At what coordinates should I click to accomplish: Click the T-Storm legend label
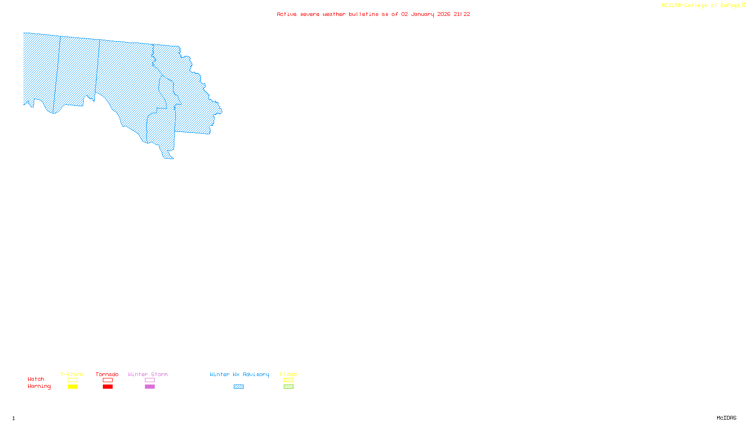pos(72,374)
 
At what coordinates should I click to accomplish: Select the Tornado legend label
pos(107,374)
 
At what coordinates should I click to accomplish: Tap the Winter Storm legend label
pos(148,374)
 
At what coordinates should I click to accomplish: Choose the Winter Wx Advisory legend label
pos(239,374)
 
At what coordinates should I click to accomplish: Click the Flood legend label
pos(288,374)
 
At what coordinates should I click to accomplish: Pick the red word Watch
pos(36,379)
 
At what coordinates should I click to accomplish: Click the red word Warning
pos(39,386)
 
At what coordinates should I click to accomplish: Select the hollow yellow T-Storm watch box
pos(72,380)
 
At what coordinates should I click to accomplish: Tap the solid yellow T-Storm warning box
pos(72,387)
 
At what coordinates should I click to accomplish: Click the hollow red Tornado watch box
pos(108,380)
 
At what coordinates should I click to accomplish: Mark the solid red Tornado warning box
pos(108,387)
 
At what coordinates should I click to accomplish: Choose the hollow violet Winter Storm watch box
pos(150,380)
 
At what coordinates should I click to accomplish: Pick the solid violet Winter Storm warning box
pos(150,387)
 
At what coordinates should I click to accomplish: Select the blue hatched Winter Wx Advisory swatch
pos(238,387)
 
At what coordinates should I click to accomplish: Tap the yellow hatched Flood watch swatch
pos(288,380)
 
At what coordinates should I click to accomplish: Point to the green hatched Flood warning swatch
pos(288,387)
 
